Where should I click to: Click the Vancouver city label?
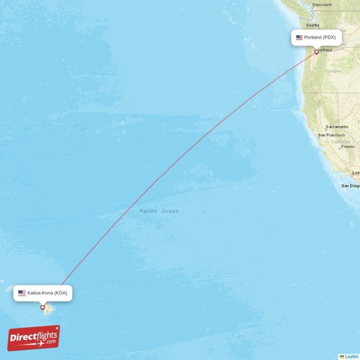point(322,5)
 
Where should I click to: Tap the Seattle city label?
point(312,25)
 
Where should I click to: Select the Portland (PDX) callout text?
point(319,37)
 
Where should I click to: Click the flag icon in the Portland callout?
point(299,37)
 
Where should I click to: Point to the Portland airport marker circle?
point(316,52)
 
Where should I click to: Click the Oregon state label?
point(333,71)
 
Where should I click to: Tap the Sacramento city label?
point(337,127)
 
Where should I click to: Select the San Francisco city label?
point(332,135)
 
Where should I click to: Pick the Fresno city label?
point(347,147)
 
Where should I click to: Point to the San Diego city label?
point(351,185)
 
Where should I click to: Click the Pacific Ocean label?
point(159,211)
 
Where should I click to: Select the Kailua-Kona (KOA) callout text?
point(47,293)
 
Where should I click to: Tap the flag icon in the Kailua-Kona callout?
point(22,293)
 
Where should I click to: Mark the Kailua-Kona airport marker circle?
point(43,307)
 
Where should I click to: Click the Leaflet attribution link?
point(351,356)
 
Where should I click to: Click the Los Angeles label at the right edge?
point(355,173)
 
